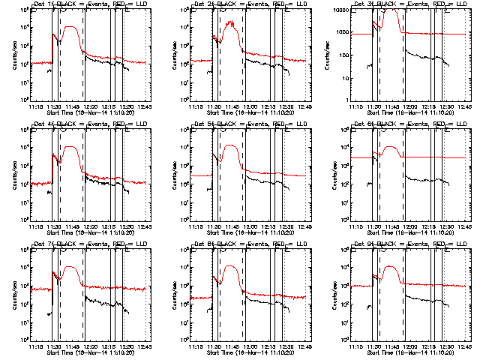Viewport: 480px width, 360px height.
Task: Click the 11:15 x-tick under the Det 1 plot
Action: click(36, 106)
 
